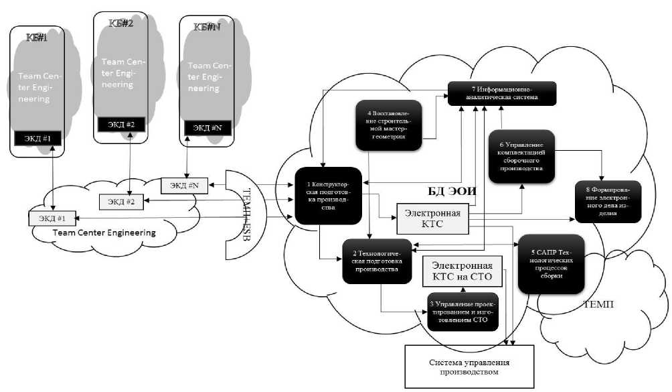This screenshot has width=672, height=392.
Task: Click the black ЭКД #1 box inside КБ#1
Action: tap(37, 139)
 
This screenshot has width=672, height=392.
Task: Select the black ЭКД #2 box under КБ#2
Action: tap(120, 124)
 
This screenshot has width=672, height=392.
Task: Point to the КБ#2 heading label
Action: tap(121, 22)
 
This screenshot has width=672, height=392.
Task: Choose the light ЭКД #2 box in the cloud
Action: tap(122, 200)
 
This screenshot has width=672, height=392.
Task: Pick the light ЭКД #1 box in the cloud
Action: tap(53, 218)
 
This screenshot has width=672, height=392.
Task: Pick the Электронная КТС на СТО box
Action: tap(466, 273)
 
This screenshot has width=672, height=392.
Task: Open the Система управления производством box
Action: tap(468, 366)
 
